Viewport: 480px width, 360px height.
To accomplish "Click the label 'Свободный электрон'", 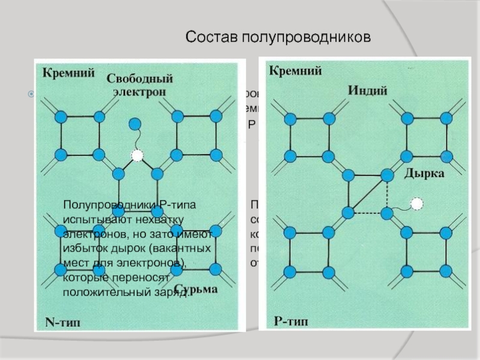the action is pyautogui.click(x=140, y=85).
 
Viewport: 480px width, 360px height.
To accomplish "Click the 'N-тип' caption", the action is pyautogui.click(x=62, y=322).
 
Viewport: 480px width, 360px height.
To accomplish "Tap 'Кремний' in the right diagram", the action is pyautogui.click(x=295, y=71).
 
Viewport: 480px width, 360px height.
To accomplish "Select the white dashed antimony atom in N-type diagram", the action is pyautogui.click(x=137, y=155).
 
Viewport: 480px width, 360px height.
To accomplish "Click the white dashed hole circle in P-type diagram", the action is pyautogui.click(x=417, y=203).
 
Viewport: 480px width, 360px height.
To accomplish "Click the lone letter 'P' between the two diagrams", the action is pyautogui.click(x=252, y=125).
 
